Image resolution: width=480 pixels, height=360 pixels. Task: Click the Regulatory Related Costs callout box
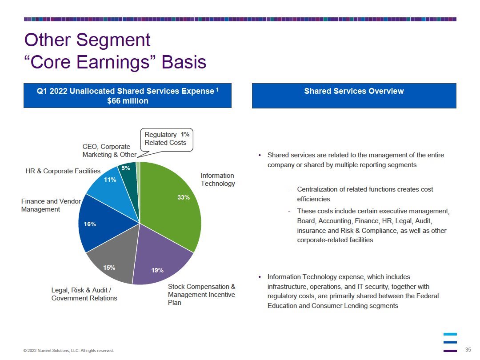point(167,140)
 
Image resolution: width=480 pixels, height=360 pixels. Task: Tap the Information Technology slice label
point(218,180)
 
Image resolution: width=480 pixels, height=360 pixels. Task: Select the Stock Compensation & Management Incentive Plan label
point(201,295)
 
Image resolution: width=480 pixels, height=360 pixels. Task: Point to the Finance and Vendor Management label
point(51,205)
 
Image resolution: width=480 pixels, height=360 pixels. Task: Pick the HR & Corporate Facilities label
point(63,171)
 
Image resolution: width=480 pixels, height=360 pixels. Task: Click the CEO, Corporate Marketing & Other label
point(109,151)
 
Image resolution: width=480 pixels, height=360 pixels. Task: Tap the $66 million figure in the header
point(128,101)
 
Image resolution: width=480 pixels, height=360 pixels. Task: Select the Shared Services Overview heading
point(354,91)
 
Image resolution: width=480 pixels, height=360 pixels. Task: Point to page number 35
point(468,350)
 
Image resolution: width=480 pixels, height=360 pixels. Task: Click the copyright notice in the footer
point(68,351)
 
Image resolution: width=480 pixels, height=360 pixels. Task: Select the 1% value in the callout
point(185,134)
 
